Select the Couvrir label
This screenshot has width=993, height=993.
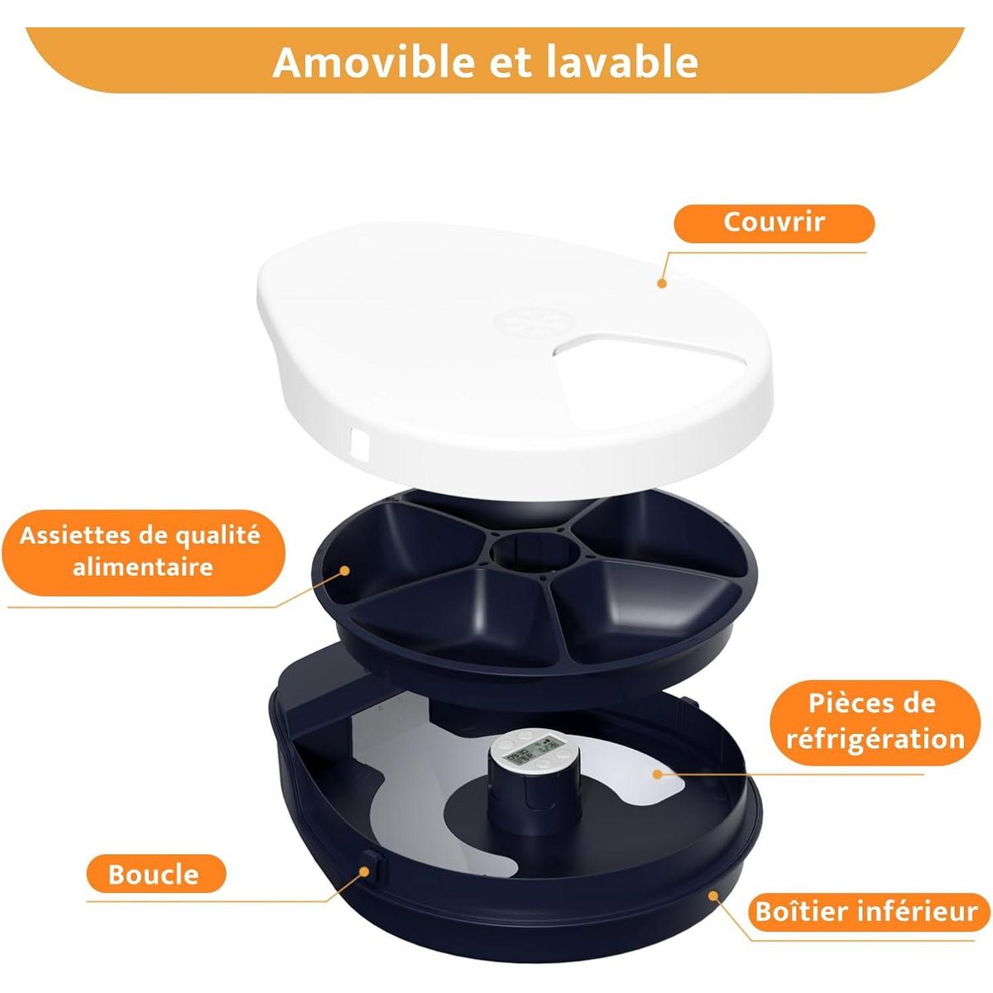point(774,223)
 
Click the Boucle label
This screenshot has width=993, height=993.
point(155,874)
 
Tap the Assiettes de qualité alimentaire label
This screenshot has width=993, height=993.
point(141,551)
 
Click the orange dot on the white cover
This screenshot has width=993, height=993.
point(661,283)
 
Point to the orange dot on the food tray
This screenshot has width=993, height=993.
point(345,569)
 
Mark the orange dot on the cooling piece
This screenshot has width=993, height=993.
point(656,775)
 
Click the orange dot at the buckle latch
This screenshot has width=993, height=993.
point(363,870)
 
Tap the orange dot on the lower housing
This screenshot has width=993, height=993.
point(712,895)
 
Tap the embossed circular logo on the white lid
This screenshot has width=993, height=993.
point(514,322)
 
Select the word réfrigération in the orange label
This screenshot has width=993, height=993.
point(875,737)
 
